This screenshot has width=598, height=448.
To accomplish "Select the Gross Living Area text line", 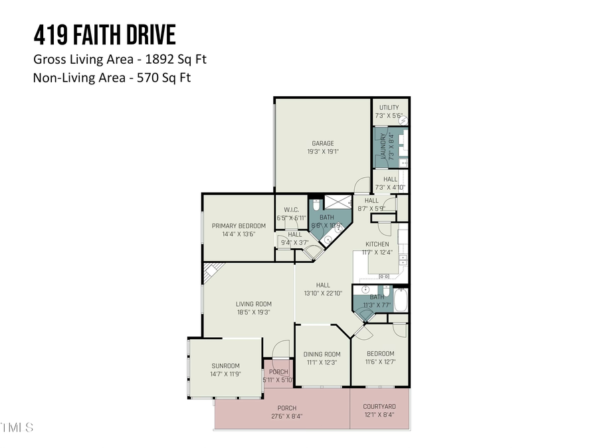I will click(x=120, y=59).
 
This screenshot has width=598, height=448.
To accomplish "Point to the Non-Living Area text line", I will click(x=116, y=77).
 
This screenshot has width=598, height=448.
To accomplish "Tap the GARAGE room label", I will click(x=323, y=143).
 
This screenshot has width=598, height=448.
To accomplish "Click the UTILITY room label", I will click(x=389, y=108).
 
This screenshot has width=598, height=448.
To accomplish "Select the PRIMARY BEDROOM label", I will click(x=239, y=226).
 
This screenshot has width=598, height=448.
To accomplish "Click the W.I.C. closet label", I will click(x=290, y=210).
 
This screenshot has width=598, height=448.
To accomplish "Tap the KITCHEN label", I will click(x=377, y=244).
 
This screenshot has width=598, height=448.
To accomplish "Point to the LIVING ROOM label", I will click(x=253, y=305).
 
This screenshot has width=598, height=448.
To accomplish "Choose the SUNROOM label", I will click(x=225, y=366).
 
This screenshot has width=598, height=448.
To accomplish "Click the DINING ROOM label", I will click(x=322, y=354).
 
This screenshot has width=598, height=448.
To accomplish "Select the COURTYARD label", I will click(x=379, y=407).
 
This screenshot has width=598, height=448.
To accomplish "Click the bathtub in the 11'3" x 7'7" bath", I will click(x=401, y=301).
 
